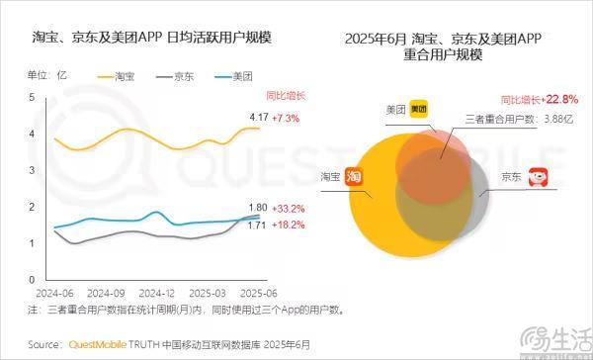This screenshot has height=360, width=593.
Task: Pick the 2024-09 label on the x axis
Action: click(x=105, y=294)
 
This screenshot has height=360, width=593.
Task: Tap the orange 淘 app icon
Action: click(x=355, y=175)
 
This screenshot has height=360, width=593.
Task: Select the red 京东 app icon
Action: click(x=539, y=178)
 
